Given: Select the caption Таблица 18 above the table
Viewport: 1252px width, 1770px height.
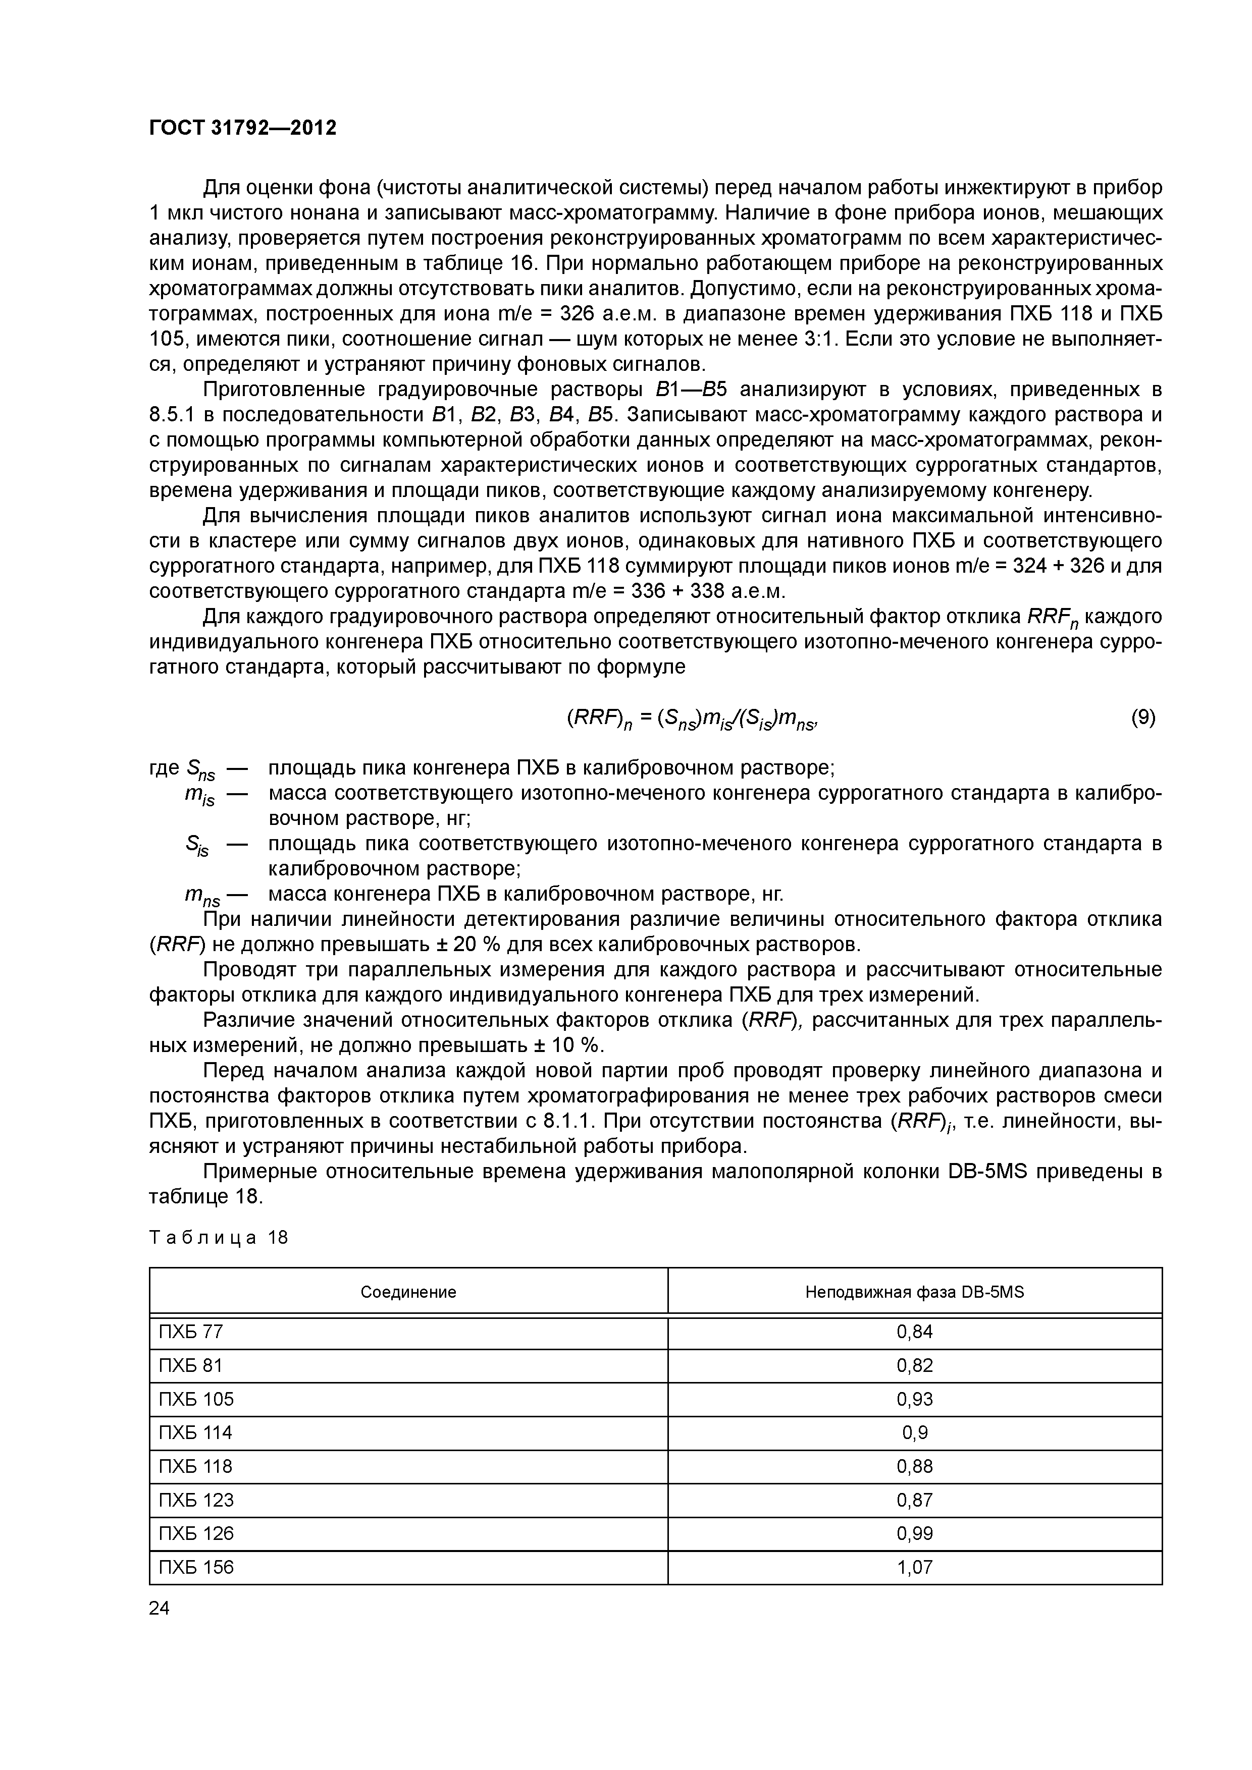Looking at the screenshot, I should tap(218, 1238).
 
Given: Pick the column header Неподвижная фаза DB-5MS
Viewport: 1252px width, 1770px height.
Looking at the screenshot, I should tap(914, 1292).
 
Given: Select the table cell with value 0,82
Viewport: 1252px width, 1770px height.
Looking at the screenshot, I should tap(914, 1365).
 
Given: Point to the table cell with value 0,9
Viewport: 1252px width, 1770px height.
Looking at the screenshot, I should tap(914, 1432).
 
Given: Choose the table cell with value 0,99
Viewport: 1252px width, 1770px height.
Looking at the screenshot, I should tap(914, 1533).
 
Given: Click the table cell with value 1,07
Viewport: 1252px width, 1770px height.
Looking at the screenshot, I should tap(914, 1567).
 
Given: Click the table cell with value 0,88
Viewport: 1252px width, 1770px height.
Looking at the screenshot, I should tap(914, 1466).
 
